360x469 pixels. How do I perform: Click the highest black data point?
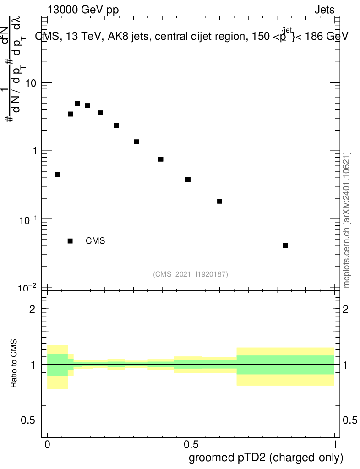click(x=77, y=104)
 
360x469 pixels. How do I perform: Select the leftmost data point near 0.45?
click(x=57, y=175)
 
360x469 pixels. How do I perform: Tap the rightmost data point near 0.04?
click(x=285, y=245)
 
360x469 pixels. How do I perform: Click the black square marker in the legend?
click(x=70, y=241)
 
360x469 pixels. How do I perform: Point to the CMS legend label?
click(x=95, y=241)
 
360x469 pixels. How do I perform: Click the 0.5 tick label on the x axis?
click(x=191, y=445)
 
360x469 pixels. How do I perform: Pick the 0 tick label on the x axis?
click(x=47, y=445)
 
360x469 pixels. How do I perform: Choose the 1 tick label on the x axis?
click(x=334, y=445)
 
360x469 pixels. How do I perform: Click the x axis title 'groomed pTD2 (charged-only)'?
click(x=266, y=458)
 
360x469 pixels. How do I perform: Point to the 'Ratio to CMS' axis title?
click(x=14, y=364)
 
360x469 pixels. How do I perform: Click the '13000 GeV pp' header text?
click(x=82, y=10)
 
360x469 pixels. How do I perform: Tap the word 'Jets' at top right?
click(x=324, y=10)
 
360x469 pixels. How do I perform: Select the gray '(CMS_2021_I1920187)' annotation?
click(x=191, y=274)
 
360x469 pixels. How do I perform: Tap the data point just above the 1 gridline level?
click(x=136, y=142)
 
